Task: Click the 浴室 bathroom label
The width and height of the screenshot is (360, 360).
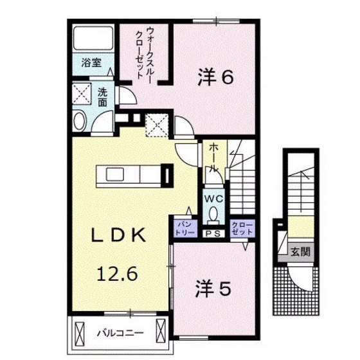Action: tap(91, 63)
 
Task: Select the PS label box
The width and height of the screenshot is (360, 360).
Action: tap(212, 233)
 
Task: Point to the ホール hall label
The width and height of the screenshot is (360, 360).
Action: tap(212, 157)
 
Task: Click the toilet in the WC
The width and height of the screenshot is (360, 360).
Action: tap(213, 214)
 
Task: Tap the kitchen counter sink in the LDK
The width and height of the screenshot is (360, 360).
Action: tap(116, 174)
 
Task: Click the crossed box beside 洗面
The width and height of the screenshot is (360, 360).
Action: tap(82, 94)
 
